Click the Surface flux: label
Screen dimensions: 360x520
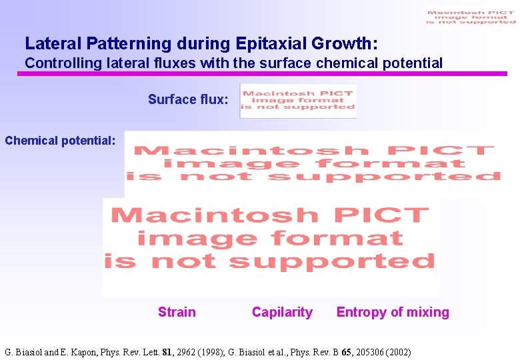click(x=188, y=100)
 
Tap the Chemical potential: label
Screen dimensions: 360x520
click(x=61, y=141)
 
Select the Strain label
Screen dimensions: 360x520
click(x=177, y=312)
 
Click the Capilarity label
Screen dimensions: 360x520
click(x=282, y=312)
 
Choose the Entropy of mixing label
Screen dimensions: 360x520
click(x=393, y=312)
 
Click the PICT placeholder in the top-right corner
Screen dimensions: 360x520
click(x=471, y=17)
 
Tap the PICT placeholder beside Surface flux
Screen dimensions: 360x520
click(x=298, y=101)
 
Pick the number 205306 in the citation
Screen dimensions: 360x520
click(x=361, y=352)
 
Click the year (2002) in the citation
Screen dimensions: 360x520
click(x=395, y=352)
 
